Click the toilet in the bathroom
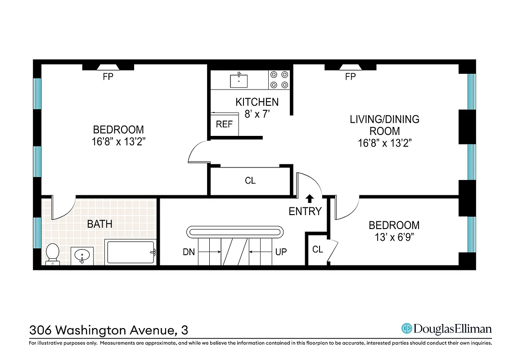[x=53, y=253]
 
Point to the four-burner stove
[x=279, y=80]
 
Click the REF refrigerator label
[x=224, y=124]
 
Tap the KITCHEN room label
[x=257, y=102]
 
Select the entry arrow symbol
[x=310, y=198]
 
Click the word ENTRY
[x=305, y=211]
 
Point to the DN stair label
[x=189, y=252]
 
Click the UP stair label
[x=281, y=252]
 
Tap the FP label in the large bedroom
[x=108, y=77]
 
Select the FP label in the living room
[x=351, y=77]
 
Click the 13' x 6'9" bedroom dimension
[x=394, y=237]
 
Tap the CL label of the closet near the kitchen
[x=250, y=180]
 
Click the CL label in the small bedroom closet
[x=318, y=249]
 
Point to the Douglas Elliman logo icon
[x=407, y=328]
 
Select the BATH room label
[x=99, y=224]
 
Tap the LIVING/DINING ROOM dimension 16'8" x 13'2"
[x=385, y=143]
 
